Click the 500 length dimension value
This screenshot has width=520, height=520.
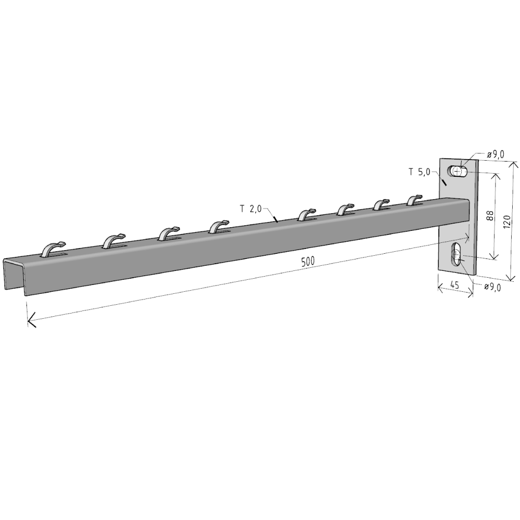pyautogui.click(x=308, y=262)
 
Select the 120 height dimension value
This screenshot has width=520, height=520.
pyautogui.click(x=506, y=222)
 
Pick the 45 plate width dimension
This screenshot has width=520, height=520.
pyautogui.click(x=454, y=284)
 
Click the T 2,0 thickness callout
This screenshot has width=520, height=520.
pyautogui.click(x=251, y=209)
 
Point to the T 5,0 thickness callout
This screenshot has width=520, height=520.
pyautogui.click(x=419, y=172)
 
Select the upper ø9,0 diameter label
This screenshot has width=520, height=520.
pyautogui.click(x=496, y=154)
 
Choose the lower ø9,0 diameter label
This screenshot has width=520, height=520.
pyautogui.click(x=492, y=287)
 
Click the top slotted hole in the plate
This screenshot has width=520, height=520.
pyautogui.click(x=457, y=172)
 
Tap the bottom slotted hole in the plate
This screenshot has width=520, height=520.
pyautogui.click(x=457, y=254)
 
